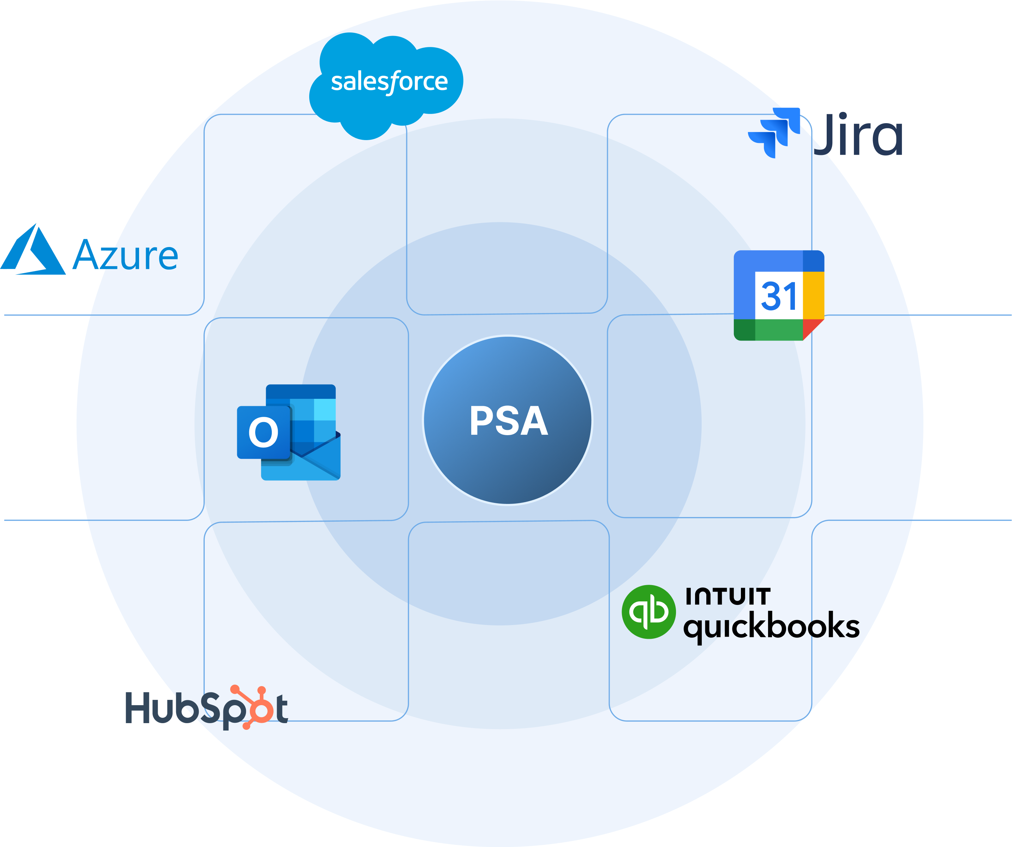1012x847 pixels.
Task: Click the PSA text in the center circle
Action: (508, 421)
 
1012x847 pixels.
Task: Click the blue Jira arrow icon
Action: (773, 132)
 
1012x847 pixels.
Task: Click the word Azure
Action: (126, 256)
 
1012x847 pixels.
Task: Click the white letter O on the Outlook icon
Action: (263, 432)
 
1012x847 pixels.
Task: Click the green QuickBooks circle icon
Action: (648, 612)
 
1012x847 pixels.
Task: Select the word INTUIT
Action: (728, 596)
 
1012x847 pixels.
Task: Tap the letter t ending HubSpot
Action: (282, 709)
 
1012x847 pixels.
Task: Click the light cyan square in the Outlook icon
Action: (324, 409)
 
